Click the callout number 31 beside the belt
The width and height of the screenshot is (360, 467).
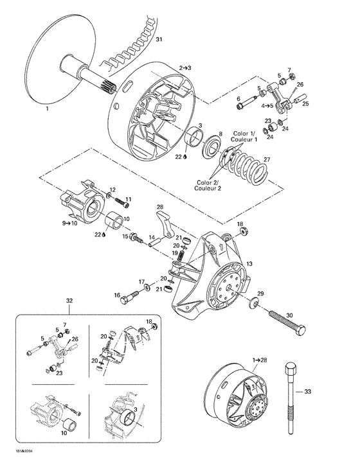(159, 41)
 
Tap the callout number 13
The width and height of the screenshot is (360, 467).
(249, 264)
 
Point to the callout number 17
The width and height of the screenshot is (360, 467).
(141, 281)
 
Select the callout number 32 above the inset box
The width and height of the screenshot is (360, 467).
(69, 300)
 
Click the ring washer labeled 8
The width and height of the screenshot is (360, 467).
(210, 143)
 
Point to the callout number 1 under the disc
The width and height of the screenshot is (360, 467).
(46, 109)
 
